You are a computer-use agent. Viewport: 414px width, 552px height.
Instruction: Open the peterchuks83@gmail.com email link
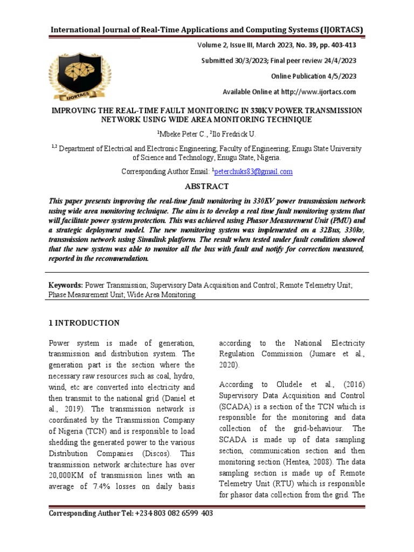(x=253, y=171)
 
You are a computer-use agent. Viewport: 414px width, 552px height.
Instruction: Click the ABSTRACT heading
(x=207, y=186)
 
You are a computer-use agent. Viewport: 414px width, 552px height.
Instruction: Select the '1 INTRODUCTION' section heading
(x=84, y=323)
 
